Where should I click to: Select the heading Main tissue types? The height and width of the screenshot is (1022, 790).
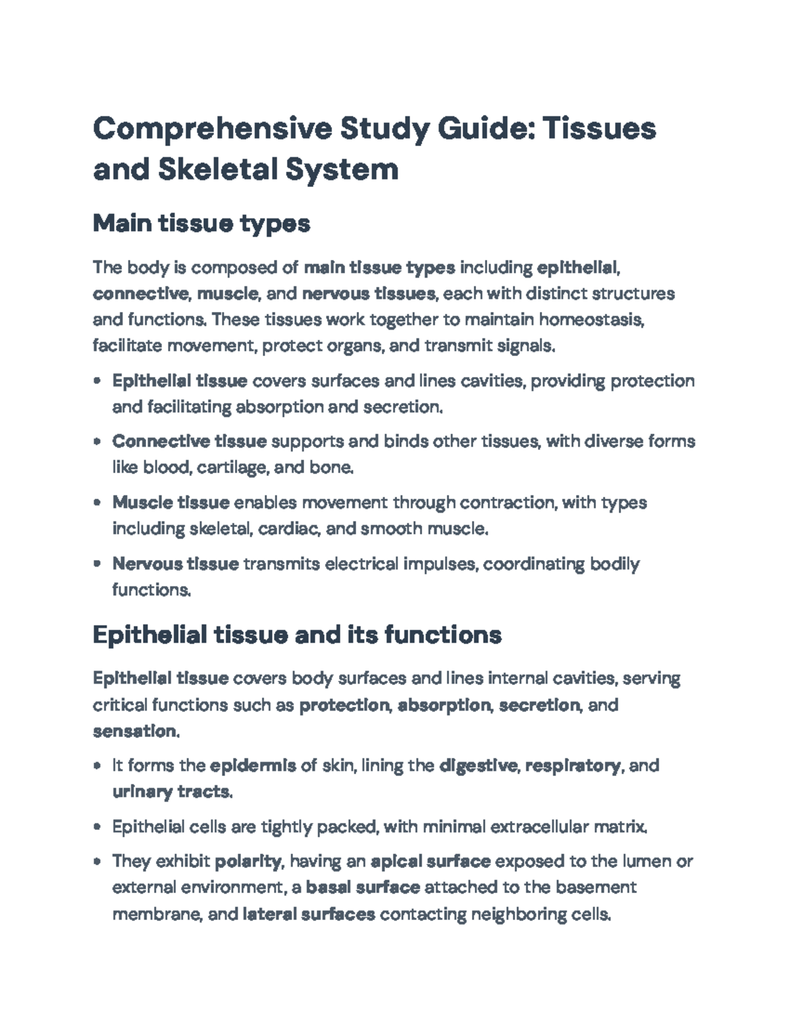pos(201,224)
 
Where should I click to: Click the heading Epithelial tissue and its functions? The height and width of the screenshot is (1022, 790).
pos(297,635)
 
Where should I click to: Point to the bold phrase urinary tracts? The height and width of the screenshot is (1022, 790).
pos(171,792)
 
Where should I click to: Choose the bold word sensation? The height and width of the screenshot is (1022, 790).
pos(134,731)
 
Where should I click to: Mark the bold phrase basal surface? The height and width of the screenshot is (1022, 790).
pos(363,888)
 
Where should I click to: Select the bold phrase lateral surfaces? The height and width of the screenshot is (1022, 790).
pos(309,914)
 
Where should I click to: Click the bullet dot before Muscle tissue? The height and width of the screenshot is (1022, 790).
pos(97,503)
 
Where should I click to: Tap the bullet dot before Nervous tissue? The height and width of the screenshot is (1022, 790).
pos(97,564)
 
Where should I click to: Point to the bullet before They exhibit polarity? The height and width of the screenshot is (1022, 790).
pos(97,861)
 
